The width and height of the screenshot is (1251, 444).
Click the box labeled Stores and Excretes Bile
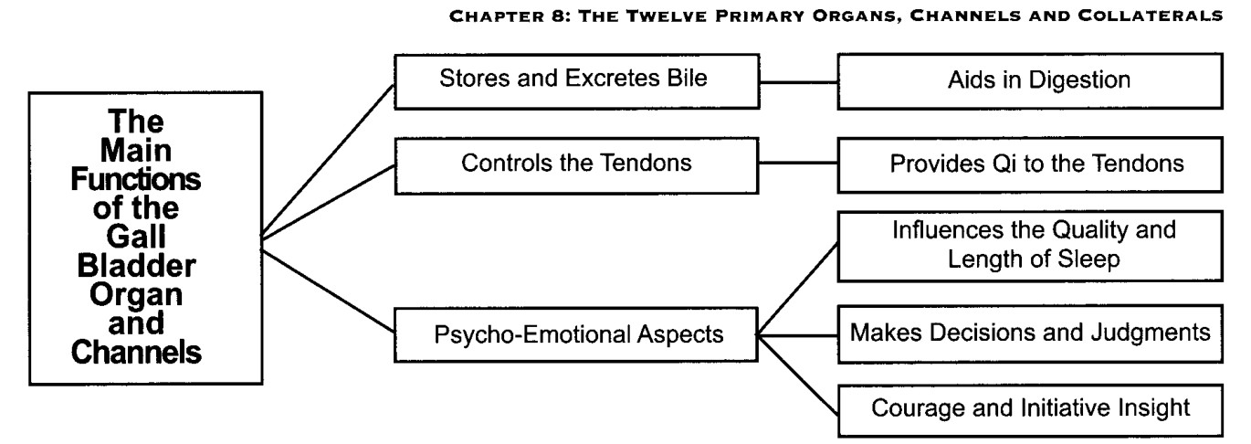click(576, 81)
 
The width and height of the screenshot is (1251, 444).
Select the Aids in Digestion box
click(1030, 81)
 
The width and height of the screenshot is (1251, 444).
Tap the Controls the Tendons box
click(576, 166)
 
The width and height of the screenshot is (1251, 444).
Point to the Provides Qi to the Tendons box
click(1030, 165)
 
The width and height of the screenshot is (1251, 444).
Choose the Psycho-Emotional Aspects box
click(576, 334)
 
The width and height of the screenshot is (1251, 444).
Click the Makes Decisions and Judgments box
click(1030, 334)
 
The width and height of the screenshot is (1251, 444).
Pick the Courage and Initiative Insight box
click(1030, 410)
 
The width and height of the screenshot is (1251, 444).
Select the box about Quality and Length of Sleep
click(1030, 246)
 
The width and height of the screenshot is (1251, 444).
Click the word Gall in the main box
click(136, 237)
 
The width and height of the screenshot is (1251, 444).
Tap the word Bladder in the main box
click(136, 265)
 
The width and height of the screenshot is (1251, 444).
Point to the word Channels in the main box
click(136, 353)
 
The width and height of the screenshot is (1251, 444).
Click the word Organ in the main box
click(136, 295)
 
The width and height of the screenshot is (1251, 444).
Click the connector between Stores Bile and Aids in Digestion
click(799, 82)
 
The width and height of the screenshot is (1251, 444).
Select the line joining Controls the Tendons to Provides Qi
click(798, 164)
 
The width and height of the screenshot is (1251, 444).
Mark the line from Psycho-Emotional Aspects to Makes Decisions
click(797, 335)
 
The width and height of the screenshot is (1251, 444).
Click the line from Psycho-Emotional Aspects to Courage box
click(797, 375)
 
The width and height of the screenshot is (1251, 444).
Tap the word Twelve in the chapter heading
click(667, 16)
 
